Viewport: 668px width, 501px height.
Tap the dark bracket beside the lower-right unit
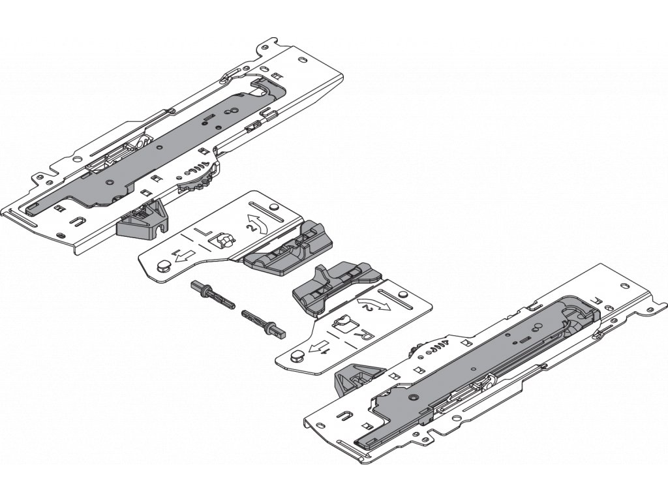click(356, 378)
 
